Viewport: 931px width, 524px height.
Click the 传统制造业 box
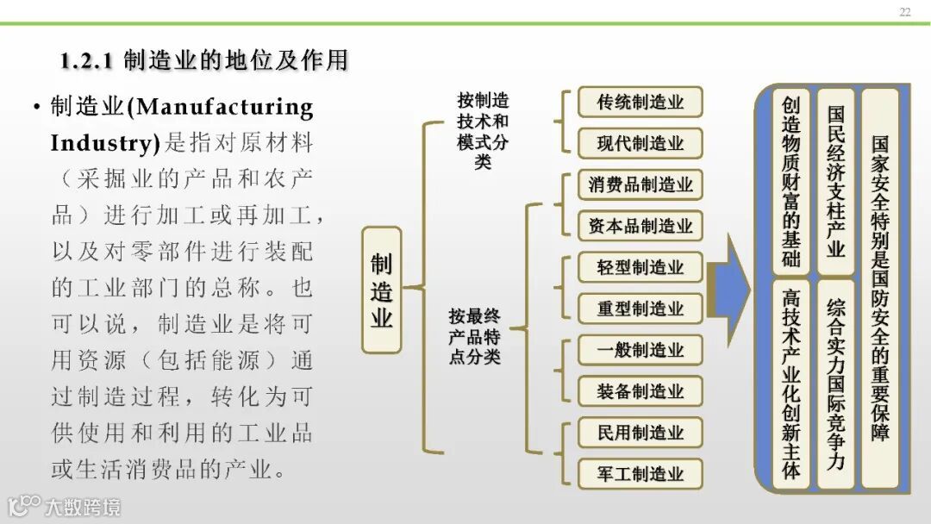point(640,102)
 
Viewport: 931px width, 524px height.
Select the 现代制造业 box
point(640,143)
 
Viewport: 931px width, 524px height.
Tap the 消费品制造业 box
point(640,184)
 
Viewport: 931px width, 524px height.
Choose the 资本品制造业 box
point(640,226)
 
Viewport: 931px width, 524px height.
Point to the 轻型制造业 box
point(640,267)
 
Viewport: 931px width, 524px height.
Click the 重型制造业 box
point(640,309)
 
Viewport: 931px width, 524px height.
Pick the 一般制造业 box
point(640,350)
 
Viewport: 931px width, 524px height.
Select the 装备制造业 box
point(640,391)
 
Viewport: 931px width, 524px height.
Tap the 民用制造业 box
point(640,433)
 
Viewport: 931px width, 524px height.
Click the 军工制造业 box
point(640,474)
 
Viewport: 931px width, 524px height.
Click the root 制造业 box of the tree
point(382,290)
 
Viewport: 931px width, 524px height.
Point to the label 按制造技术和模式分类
point(483,130)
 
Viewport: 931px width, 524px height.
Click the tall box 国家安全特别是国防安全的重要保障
point(880,289)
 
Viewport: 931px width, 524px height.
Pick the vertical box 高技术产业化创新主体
point(790,384)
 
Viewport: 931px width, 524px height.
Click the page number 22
point(904,12)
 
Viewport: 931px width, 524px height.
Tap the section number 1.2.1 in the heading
point(86,61)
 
